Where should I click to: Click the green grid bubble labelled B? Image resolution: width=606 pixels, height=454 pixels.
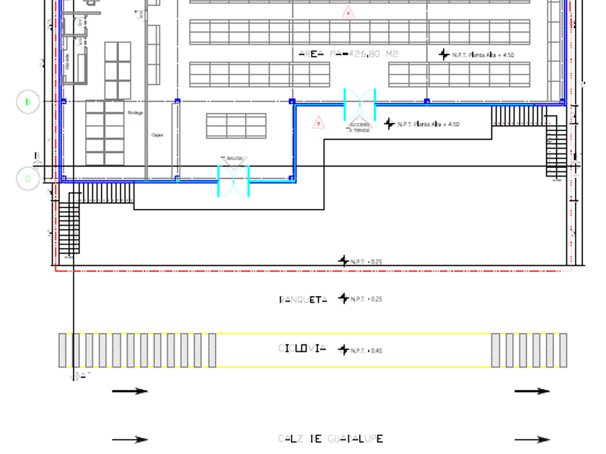click(27, 102)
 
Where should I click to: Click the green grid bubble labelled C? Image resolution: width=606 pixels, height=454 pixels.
click(27, 179)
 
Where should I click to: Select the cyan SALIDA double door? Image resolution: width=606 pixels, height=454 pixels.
click(234, 180)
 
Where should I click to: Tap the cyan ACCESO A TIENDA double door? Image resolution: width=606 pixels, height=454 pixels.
click(359, 105)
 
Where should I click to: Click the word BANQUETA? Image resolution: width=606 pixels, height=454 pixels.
click(303, 299)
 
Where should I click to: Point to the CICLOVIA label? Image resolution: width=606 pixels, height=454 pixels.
click(302, 349)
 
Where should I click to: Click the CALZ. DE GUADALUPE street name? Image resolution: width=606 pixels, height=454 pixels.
click(330, 439)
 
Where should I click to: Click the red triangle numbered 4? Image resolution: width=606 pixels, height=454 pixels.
click(348, 12)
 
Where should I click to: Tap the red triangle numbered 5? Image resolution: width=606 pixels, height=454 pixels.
click(319, 123)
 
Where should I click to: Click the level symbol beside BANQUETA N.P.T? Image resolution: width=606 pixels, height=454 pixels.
click(343, 298)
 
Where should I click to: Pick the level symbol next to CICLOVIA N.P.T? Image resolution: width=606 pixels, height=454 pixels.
click(343, 350)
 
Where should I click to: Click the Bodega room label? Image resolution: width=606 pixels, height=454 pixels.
click(136, 113)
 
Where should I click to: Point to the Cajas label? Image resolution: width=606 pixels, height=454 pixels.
click(157, 135)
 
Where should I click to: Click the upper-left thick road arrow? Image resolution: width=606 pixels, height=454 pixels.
click(130, 391)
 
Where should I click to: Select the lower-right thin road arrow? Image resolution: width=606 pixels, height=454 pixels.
click(532, 439)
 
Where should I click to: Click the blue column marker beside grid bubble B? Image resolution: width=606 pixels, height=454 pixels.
click(63, 102)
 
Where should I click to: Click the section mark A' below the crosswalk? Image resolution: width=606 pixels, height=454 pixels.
click(80, 376)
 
